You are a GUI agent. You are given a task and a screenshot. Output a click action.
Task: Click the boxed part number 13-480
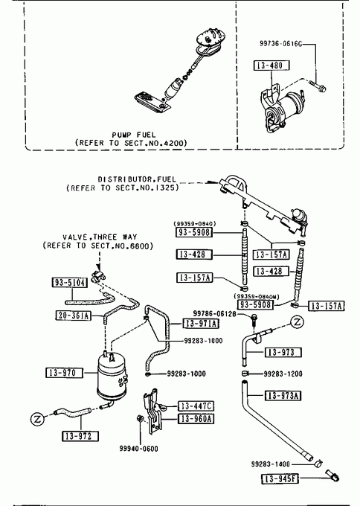tap(271, 65)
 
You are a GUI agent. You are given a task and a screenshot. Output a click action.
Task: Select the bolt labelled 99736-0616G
tap(318, 86)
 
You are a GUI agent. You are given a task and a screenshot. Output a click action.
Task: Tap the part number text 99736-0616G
tap(281, 44)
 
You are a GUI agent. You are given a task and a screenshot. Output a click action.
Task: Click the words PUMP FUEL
tap(134, 135)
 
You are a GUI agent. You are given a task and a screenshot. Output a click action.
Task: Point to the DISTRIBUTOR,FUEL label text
tap(137, 179)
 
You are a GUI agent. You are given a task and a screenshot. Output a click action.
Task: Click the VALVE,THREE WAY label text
tap(100, 237)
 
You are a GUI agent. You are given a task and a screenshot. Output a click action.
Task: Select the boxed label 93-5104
tap(70, 283)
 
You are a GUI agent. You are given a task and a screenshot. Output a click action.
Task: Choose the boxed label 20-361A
tap(73, 316)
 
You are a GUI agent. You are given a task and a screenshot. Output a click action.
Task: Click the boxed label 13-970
tap(63, 373)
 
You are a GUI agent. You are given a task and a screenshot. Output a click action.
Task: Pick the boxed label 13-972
tap(80, 436)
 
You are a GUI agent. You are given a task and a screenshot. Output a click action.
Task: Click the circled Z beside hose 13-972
tap(38, 419)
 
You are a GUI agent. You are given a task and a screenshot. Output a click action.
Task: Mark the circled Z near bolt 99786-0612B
tap(298, 321)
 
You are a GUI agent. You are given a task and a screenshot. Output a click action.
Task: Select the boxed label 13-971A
tap(201, 323)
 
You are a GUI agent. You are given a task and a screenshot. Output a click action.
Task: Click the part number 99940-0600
tap(138, 449)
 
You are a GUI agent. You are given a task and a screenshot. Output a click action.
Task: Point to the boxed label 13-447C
tap(196, 406)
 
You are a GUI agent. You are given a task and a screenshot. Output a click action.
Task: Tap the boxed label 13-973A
tap(283, 395)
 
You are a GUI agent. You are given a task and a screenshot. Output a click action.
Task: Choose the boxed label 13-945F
tap(280, 478)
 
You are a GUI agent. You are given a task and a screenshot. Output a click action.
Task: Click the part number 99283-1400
tap(270, 464)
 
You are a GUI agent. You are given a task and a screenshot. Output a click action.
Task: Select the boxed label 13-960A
tap(196, 419)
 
